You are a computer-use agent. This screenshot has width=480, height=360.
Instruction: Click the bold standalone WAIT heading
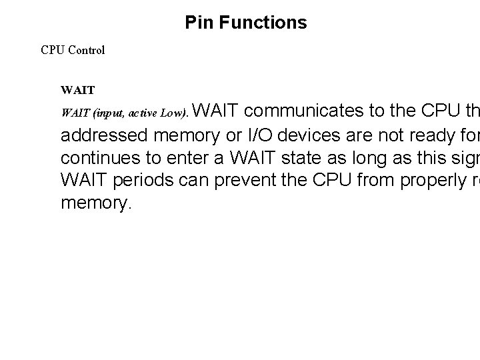[x=77, y=89]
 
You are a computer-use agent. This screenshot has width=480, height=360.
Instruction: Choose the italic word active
[x=141, y=114]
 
